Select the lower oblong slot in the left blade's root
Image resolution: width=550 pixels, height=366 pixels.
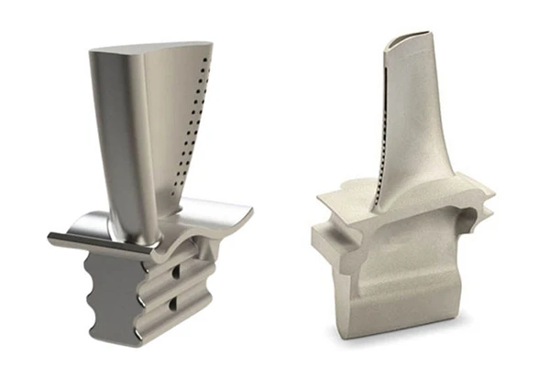point(175,303)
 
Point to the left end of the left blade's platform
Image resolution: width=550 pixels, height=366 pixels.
point(53,240)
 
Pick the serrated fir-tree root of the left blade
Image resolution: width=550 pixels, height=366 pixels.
point(137,293)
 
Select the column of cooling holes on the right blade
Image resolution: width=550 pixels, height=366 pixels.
point(382,137)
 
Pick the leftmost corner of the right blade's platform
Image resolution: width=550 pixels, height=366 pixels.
point(314,197)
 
